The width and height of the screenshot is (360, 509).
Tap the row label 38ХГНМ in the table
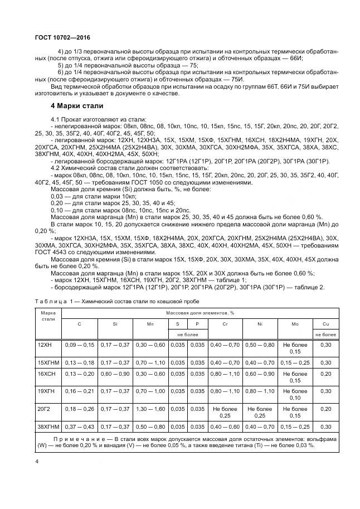[x=47, y=426]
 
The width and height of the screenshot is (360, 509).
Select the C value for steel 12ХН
[x=80, y=346]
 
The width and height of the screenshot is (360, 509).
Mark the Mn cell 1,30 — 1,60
[x=150, y=409]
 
